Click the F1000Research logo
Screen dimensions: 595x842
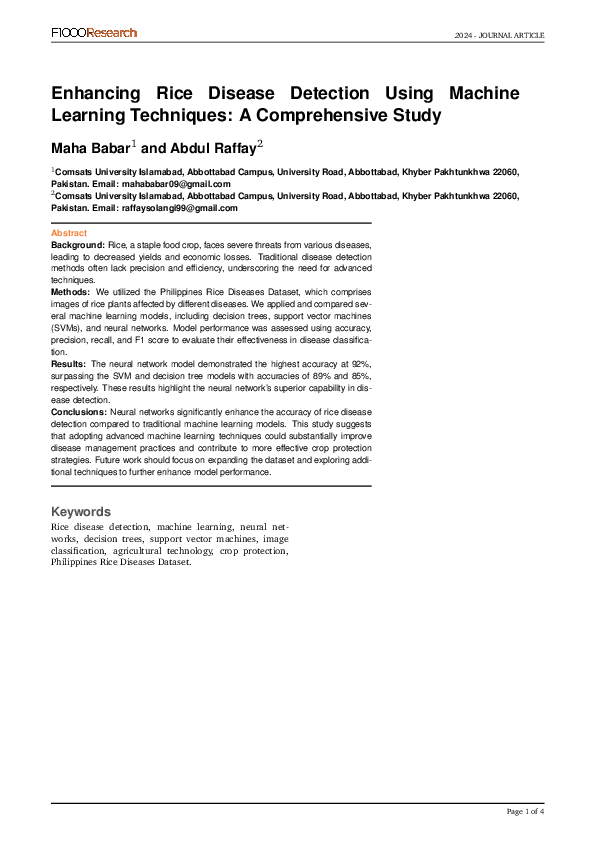tap(94, 33)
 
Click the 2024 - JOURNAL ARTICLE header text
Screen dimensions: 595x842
tap(499, 35)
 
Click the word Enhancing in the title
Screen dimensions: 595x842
tap(99, 93)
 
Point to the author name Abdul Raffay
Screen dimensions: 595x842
tap(210, 148)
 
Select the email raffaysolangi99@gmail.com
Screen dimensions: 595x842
tap(180, 208)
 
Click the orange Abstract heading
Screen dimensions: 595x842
tap(69, 233)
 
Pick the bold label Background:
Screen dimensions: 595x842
tap(78, 244)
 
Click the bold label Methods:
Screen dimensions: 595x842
tap(71, 291)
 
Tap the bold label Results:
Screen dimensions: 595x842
tap(69, 364)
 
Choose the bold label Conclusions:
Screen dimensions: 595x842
tap(79, 411)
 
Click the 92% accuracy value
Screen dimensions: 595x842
tap(361, 364)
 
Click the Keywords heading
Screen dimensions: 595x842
tap(82, 511)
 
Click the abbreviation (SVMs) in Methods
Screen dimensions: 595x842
tap(69, 327)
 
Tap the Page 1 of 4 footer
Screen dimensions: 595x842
tap(525, 811)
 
